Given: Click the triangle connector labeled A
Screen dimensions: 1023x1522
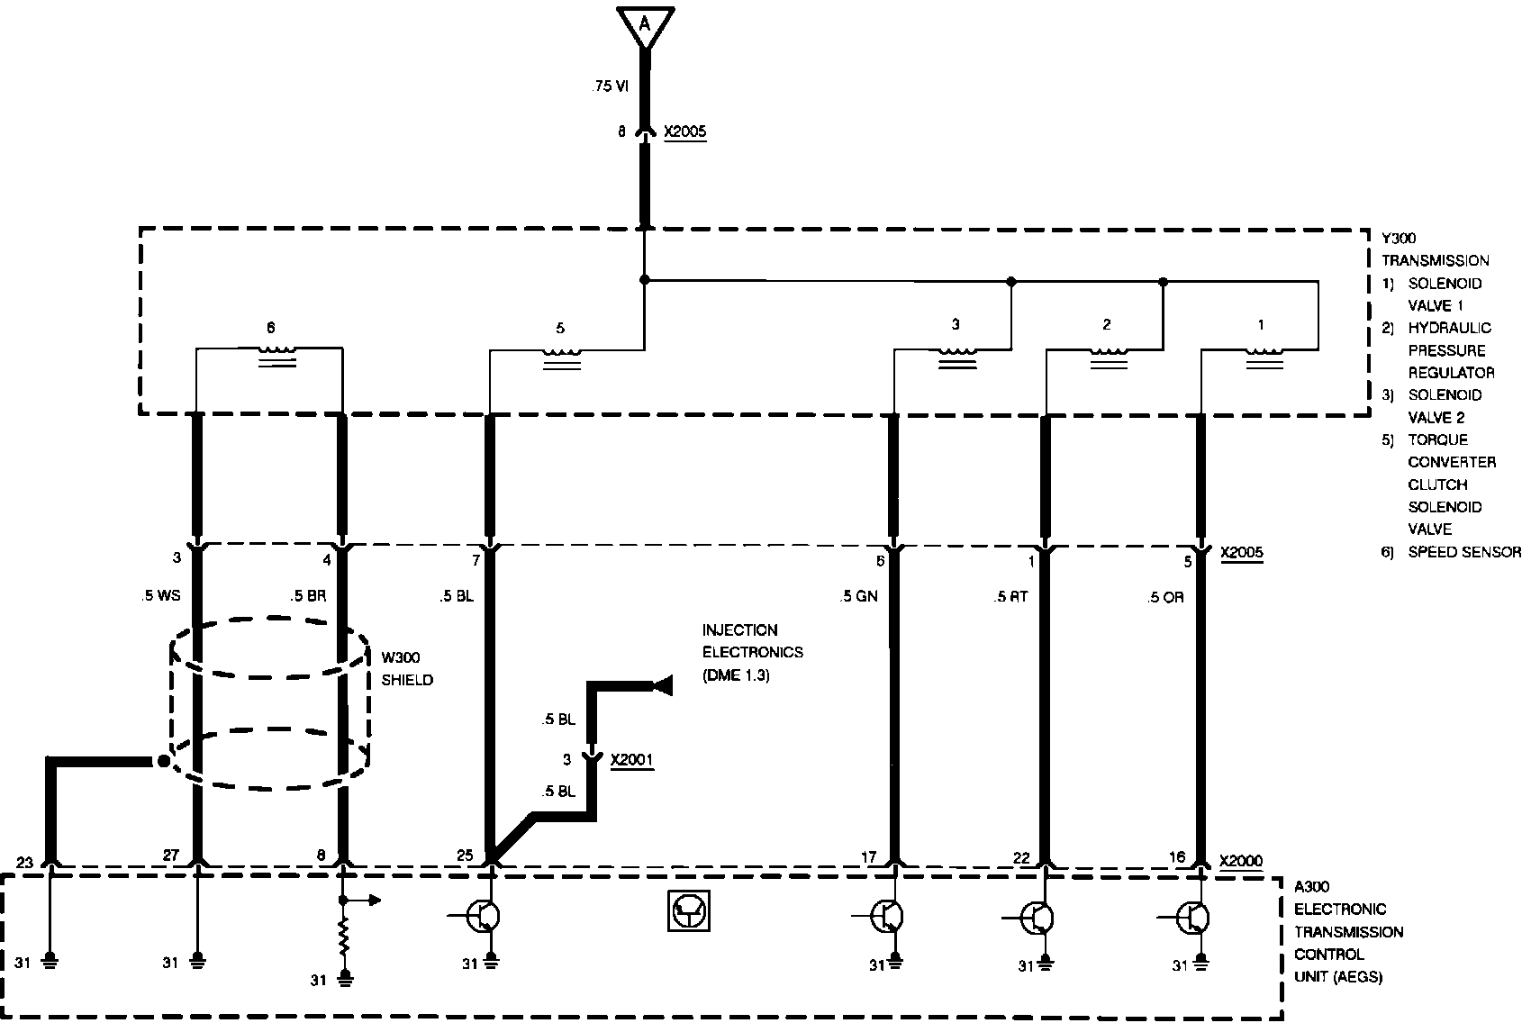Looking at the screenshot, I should (644, 25).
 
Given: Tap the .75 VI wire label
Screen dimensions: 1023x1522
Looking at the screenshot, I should (610, 86).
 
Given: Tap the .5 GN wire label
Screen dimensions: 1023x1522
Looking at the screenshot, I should (857, 596).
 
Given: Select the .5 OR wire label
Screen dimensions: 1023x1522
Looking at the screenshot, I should (1166, 597).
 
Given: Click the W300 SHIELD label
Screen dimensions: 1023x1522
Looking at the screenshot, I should (406, 668).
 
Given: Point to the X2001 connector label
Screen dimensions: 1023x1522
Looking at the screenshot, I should (632, 760).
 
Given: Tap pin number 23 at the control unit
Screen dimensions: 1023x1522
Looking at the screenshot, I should (25, 862).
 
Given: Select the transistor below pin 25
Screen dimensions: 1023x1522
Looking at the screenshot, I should (486, 917).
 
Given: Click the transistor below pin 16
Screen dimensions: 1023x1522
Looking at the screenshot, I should (1196, 917).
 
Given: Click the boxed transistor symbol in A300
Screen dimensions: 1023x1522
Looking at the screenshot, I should (689, 911).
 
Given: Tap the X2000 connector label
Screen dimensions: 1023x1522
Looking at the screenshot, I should (1241, 860).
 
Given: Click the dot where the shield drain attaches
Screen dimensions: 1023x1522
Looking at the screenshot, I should (163, 762).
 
